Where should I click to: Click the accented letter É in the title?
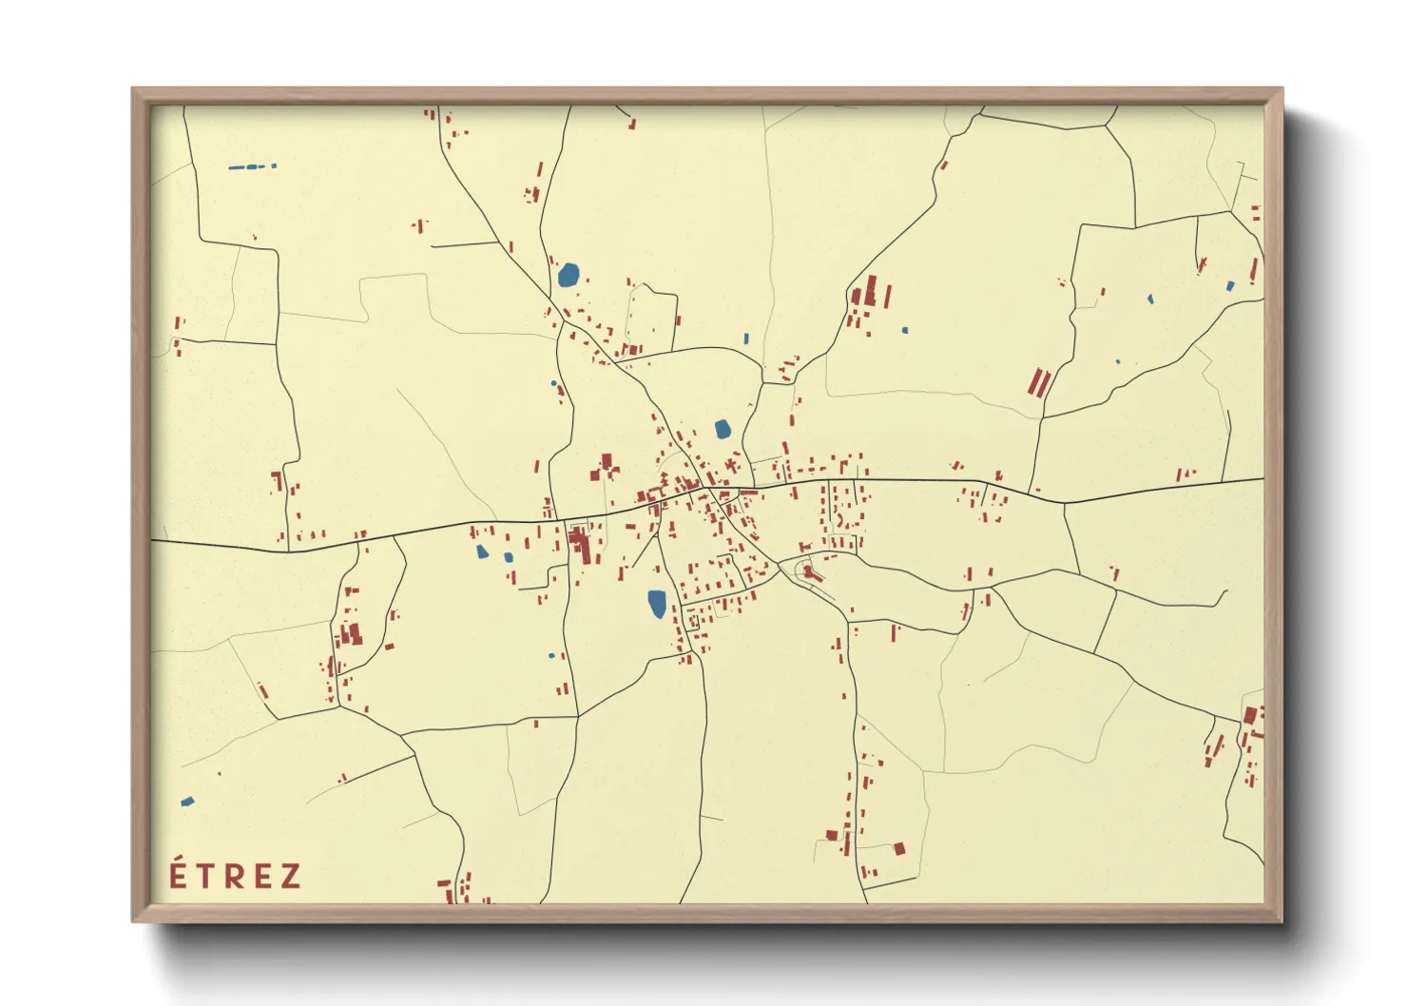[178, 874]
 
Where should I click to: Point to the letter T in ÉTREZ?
[206, 877]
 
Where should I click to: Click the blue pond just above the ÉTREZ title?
[187, 802]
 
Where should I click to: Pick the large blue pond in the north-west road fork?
[568, 276]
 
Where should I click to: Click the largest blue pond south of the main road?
[657, 603]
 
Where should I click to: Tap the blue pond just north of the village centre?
[723, 429]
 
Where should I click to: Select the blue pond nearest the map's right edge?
[1230, 285]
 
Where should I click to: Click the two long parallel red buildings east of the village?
[1039, 383]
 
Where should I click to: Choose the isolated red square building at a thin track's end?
[899, 849]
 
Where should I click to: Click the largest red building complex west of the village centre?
[579, 545]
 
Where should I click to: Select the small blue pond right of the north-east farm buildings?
[905, 330]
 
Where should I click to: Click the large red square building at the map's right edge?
[1250, 715]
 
